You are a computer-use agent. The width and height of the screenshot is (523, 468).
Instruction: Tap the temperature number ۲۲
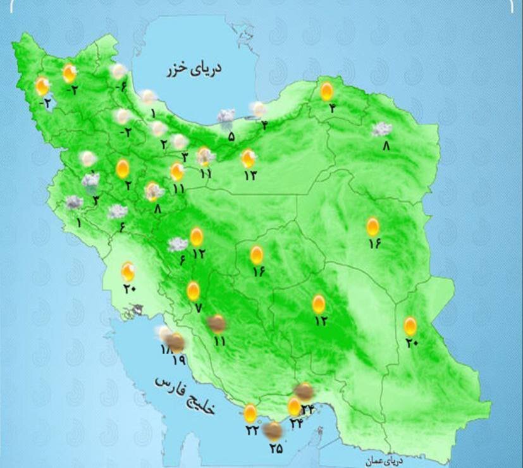click(252, 431)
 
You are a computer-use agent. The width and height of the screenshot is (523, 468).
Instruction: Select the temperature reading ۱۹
click(178, 360)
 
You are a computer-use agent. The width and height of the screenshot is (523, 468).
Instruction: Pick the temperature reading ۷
click(197, 308)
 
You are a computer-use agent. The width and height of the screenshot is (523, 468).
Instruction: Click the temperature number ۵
click(231, 135)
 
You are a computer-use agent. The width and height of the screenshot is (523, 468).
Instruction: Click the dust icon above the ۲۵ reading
click(273, 432)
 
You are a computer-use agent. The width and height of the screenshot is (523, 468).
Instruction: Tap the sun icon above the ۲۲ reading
click(250, 414)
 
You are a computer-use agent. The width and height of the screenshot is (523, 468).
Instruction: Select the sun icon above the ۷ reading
click(194, 291)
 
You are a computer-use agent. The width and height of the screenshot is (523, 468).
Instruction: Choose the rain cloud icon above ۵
click(226, 116)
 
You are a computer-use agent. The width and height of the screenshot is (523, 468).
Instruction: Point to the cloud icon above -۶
click(118, 71)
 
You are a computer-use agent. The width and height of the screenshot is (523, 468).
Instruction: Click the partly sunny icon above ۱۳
click(249, 157)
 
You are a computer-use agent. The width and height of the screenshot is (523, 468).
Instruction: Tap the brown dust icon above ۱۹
click(177, 343)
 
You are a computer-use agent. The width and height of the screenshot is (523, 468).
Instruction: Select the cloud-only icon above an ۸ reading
click(381, 129)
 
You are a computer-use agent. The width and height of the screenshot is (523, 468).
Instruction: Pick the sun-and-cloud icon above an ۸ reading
click(154, 190)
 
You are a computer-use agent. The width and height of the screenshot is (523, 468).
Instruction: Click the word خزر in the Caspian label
click(178, 71)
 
